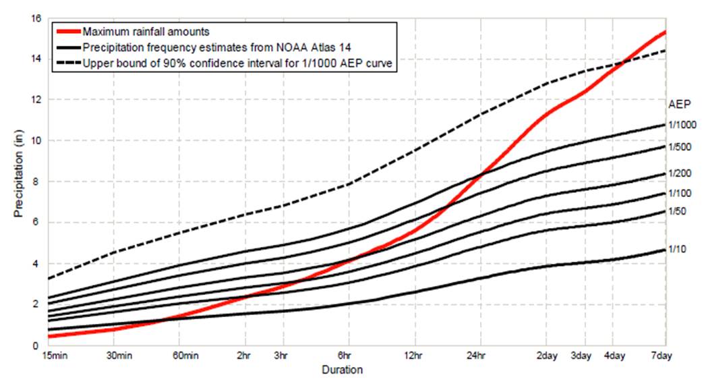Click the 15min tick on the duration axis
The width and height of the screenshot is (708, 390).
pyautogui.click(x=53, y=356)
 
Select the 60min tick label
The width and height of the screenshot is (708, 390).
pyautogui.click(x=186, y=356)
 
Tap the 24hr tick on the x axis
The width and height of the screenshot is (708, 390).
pyautogui.click(x=480, y=356)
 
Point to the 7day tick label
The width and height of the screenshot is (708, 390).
pyautogui.click(x=665, y=356)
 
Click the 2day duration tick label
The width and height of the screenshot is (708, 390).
pyautogui.click(x=547, y=356)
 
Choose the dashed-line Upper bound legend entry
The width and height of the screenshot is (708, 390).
pyautogui.click(x=233, y=64)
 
